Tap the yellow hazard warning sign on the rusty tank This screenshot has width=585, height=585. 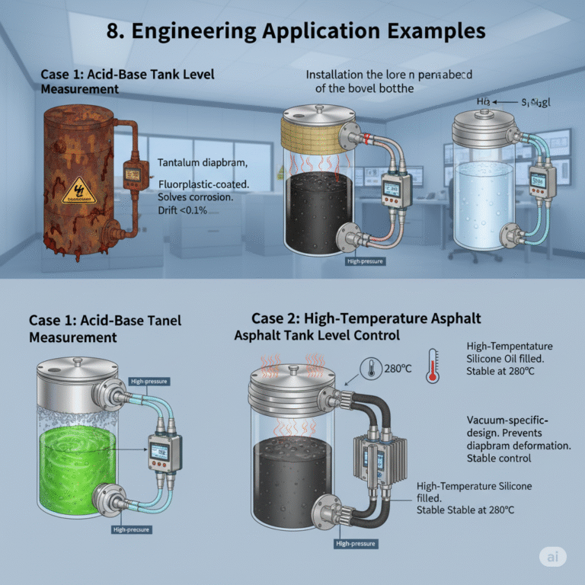point(77,191)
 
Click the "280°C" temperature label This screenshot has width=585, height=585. point(395,369)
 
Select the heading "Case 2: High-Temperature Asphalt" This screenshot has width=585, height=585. point(366,318)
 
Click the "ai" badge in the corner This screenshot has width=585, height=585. point(552,557)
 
